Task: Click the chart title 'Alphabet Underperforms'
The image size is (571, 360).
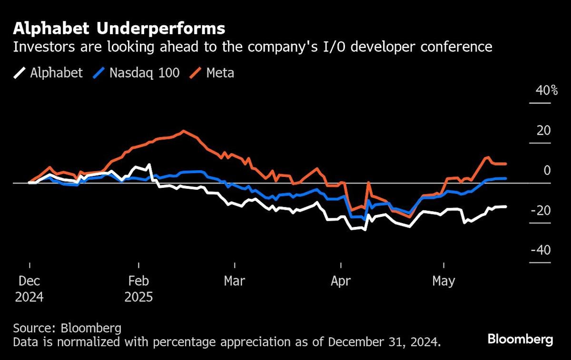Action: click(119, 29)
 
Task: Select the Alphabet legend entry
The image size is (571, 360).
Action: click(48, 73)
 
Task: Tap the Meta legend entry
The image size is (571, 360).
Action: click(213, 73)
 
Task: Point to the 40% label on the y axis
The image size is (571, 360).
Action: click(546, 90)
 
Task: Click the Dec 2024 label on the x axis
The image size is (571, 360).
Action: click(29, 289)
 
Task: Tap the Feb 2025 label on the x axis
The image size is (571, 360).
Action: click(138, 289)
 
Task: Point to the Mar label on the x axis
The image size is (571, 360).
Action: click(235, 281)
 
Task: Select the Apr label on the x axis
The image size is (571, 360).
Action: click(341, 281)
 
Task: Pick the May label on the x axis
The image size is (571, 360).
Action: click(443, 281)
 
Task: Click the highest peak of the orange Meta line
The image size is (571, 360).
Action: click(184, 131)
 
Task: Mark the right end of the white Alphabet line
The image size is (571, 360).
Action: click(506, 206)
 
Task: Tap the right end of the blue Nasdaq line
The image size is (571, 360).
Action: click(506, 178)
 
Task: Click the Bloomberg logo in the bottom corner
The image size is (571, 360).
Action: click(520, 340)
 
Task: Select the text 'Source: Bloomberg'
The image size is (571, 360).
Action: click(67, 328)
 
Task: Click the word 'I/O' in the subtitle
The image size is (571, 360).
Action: click(348, 47)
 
